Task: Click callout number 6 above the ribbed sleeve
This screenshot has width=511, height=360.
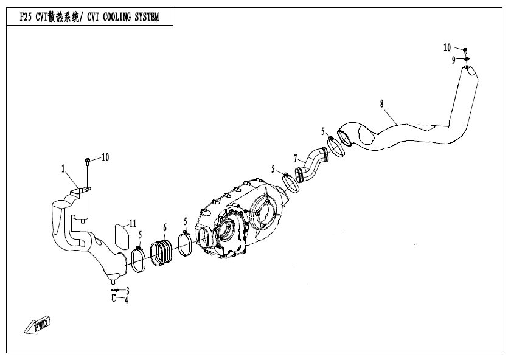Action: [164, 227]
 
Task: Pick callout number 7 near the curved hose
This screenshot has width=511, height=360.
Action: [295, 158]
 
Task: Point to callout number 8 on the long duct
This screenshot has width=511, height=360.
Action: [382, 103]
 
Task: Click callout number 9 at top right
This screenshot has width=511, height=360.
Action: [453, 60]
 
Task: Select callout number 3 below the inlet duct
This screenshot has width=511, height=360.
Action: [127, 291]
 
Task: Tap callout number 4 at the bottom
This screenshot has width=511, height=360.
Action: [127, 300]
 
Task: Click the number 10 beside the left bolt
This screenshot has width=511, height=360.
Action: [105, 157]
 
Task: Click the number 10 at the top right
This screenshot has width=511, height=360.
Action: [447, 47]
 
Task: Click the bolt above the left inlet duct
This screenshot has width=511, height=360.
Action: [88, 162]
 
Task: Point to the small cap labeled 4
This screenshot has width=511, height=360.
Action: [114, 298]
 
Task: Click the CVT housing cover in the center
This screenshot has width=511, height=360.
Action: [243, 219]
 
